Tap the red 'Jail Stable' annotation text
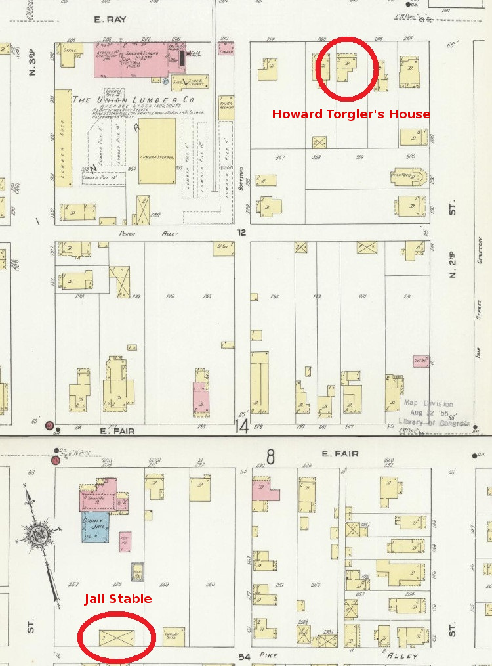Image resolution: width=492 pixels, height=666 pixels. (117, 598)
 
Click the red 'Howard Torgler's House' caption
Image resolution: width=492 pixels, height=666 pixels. (351, 114)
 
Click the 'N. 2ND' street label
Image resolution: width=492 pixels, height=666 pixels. (453, 265)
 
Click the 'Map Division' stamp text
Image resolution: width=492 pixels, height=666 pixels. (428, 403)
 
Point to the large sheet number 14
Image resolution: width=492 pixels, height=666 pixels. (242, 426)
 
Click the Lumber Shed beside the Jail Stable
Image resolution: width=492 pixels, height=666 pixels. (173, 636)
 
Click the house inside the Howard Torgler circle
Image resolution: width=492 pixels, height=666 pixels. (345, 66)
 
